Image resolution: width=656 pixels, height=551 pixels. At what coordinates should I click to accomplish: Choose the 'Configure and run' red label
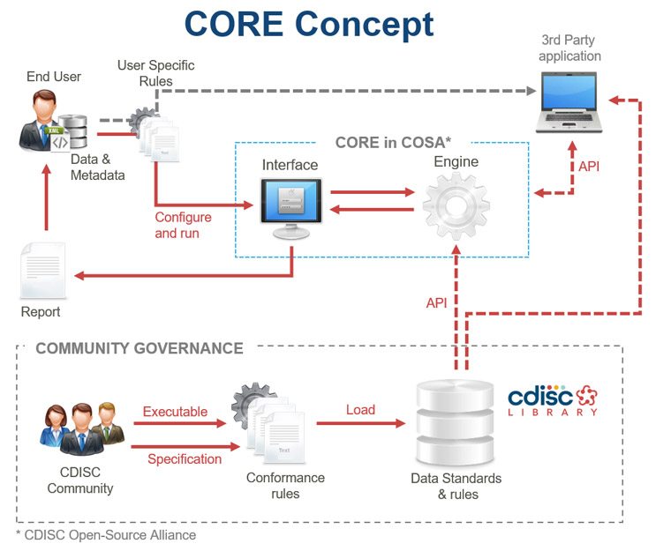[183, 226]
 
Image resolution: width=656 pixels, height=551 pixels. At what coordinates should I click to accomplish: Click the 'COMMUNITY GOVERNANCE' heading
[139, 348]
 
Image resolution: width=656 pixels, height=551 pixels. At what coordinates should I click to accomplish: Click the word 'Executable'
[175, 412]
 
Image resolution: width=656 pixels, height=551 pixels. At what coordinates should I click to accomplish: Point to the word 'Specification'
[184, 458]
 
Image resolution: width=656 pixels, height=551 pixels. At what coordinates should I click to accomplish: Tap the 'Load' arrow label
[360, 410]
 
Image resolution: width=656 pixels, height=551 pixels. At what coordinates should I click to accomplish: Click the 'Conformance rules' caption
[284, 486]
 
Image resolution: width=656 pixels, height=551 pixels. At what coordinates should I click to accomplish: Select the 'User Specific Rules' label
[155, 73]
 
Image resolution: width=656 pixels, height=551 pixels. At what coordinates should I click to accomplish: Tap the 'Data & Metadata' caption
[97, 168]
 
